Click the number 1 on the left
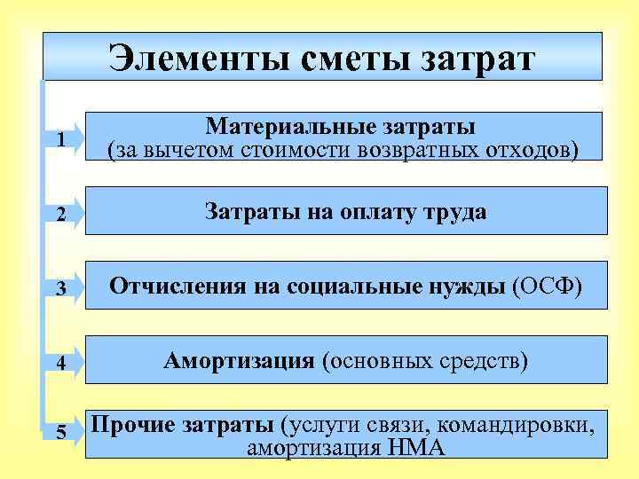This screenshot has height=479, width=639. coord(59,140)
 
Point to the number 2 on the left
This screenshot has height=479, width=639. coord(59,213)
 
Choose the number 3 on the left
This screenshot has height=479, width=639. coord(59,288)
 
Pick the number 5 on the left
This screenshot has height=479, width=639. coord(59,432)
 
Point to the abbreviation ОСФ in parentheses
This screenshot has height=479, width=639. coord(547,286)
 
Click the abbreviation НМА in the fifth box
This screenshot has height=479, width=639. coord(416,447)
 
